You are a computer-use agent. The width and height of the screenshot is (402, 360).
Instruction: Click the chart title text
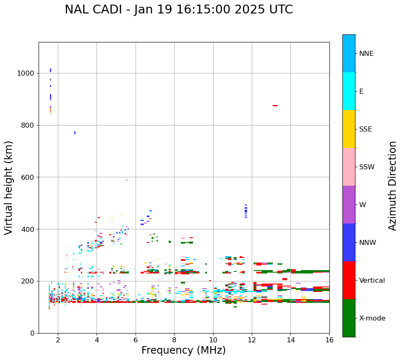pos(179,10)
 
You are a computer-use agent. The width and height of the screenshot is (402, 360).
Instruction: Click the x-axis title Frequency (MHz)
pos(183,350)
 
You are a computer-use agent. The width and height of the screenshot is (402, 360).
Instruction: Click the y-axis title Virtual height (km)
pos(9,187)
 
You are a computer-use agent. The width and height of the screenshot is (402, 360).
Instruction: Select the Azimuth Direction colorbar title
pos(392,185)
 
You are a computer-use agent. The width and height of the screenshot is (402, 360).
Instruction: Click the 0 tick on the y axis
pos(33,333)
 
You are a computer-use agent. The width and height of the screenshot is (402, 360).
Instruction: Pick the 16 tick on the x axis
pos(329,339)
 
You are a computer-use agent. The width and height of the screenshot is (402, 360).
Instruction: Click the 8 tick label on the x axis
pos(174,339)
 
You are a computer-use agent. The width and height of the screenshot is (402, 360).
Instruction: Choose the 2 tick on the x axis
pos(58,339)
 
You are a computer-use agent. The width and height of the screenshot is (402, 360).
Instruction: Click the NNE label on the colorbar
pos(366,54)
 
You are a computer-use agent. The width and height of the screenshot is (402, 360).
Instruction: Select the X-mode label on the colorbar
pos(372,318)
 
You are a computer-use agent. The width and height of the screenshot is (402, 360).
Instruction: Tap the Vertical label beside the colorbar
pos(372,281)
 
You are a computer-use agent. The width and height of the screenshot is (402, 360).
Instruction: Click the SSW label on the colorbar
pos(367,167)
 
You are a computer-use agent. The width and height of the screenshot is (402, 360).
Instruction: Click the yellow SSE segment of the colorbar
pos(349,129)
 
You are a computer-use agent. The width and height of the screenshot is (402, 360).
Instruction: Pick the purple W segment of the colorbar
pos(349,205)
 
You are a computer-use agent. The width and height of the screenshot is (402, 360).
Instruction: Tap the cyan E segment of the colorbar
pos(349,91)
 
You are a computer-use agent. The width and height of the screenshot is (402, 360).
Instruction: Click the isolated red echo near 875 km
pos(275,105)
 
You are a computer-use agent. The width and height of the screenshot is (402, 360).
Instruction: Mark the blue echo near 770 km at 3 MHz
pos(75,133)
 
